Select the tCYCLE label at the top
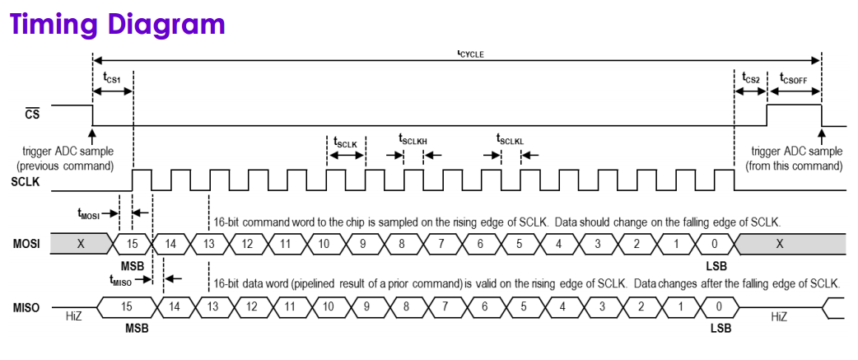(470, 54)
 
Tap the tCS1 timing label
(112, 78)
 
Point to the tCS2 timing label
(750, 78)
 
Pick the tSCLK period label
(345, 142)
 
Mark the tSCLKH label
(413, 139)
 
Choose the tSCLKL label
(511, 139)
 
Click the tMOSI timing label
(89, 214)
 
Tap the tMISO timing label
(121, 279)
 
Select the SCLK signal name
(26, 181)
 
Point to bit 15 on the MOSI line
(132, 244)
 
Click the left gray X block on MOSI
(80, 244)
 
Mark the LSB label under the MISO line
(721, 328)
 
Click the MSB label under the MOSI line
(133, 265)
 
